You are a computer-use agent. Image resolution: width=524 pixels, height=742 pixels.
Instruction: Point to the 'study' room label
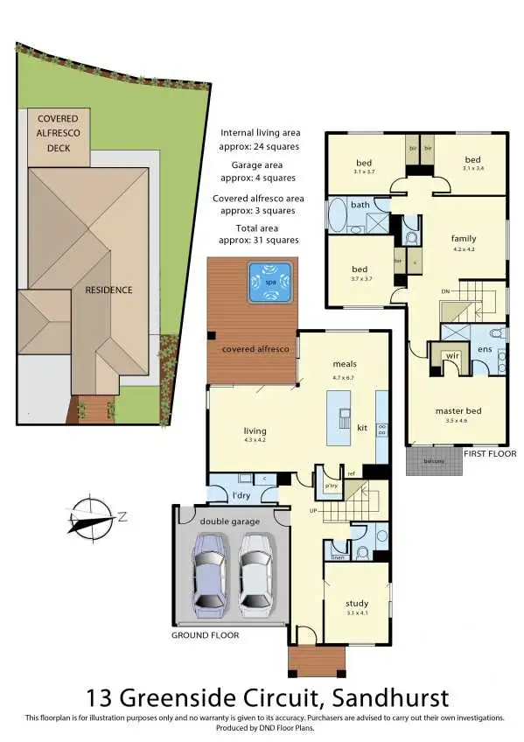[356, 603]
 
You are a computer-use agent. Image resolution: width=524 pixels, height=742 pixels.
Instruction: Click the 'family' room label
[464, 238]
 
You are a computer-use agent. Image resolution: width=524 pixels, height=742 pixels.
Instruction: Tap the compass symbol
[91, 517]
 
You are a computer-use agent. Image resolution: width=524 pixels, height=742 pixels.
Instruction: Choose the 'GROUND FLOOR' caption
[205, 635]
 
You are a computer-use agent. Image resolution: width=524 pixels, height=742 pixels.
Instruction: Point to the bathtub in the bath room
[337, 215]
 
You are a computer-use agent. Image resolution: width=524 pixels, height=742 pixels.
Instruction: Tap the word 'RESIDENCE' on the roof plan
[108, 289]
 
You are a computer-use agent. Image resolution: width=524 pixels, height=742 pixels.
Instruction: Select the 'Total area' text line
[258, 226]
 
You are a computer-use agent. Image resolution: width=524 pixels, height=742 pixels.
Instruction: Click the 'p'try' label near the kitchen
[332, 486]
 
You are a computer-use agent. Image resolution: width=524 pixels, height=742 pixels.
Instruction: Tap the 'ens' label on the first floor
[484, 348]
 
